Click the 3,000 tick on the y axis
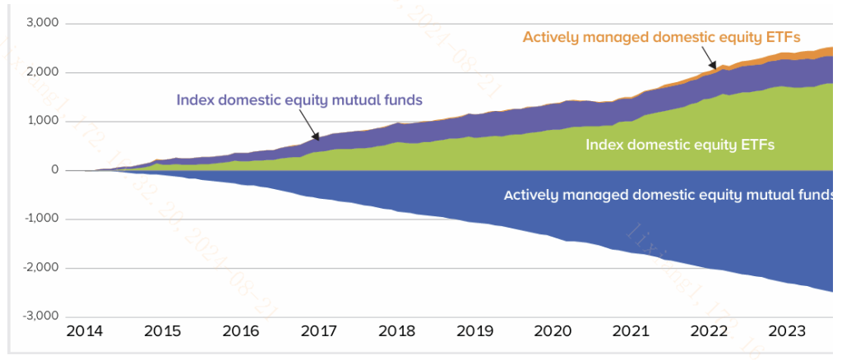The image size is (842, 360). [x=42, y=24]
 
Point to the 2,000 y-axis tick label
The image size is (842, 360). [x=42, y=73]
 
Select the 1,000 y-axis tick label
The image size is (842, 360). [x=42, y=122]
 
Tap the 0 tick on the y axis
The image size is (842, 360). [x=54, y=170]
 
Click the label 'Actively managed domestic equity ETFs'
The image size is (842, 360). [x=661, y=37]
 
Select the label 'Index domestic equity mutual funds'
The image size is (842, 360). [x=299, y=100]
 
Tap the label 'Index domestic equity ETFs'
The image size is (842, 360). [x=680, y=145]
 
